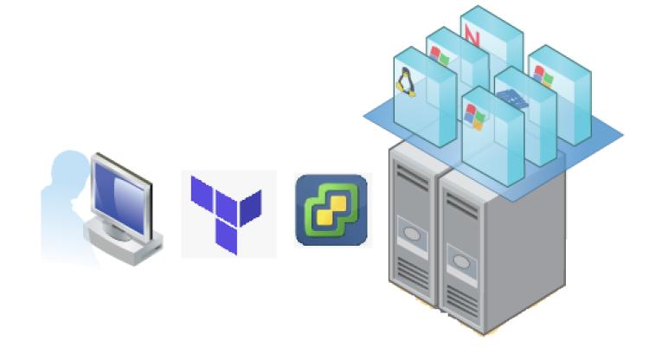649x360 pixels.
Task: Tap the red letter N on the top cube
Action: click(x=472, y=35)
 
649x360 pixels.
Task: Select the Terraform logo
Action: click(x=227, y=213)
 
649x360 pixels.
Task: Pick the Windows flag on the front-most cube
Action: click(x=475, y=115)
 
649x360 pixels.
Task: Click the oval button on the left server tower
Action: click(x=407, y=233)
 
